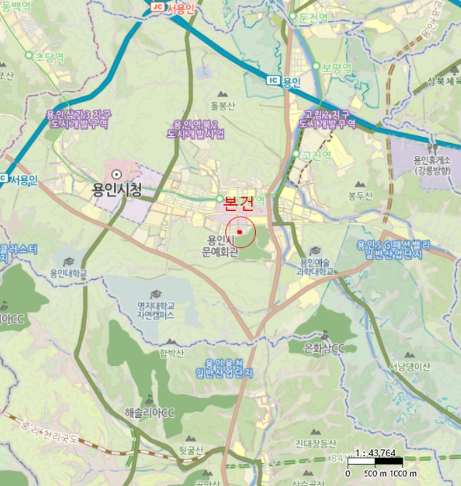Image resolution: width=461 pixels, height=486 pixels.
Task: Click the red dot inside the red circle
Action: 240,231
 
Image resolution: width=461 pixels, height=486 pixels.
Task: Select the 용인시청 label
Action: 117,189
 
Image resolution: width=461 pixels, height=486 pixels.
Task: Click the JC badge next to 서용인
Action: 157,7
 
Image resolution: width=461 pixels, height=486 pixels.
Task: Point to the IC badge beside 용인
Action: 273,81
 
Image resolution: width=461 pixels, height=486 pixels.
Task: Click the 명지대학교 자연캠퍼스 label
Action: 155,310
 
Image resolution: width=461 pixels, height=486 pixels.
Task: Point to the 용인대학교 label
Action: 69,274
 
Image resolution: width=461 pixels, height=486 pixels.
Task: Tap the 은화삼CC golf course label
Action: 325,347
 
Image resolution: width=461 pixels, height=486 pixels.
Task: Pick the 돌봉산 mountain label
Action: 223,106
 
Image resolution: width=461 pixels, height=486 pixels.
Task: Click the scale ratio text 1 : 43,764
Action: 375,453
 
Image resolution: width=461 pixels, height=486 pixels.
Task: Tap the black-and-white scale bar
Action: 375,463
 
